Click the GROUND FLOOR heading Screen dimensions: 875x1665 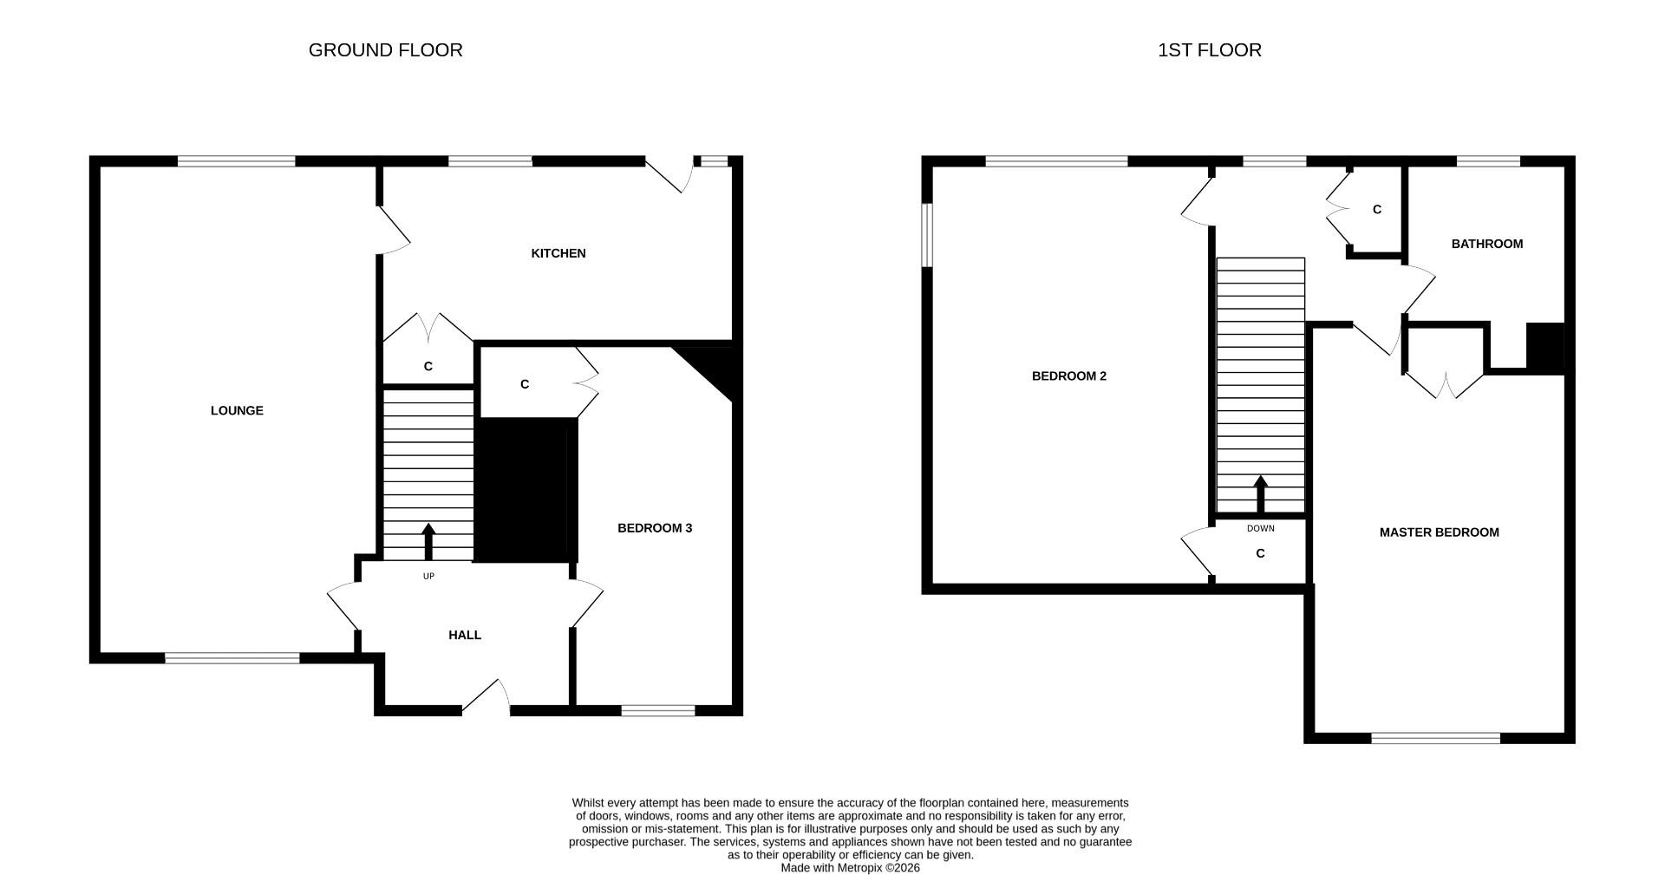385,50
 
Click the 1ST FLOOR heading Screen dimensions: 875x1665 1209,50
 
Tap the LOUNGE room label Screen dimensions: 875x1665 237,411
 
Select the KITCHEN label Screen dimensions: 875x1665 558,253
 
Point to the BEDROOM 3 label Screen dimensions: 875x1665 654,528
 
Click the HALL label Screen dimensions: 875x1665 465,636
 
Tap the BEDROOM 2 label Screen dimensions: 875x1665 1068,376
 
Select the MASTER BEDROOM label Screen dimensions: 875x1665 1439,532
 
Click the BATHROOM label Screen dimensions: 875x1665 1486,244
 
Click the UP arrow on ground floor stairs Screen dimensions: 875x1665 428,542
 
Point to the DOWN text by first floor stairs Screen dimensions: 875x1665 1260,528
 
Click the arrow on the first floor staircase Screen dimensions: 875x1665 1260,494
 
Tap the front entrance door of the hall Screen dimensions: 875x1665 486,698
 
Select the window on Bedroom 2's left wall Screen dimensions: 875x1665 926,235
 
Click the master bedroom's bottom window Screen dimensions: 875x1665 1435,738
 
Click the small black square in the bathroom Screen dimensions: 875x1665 1544,348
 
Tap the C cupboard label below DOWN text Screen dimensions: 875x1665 1260,553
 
